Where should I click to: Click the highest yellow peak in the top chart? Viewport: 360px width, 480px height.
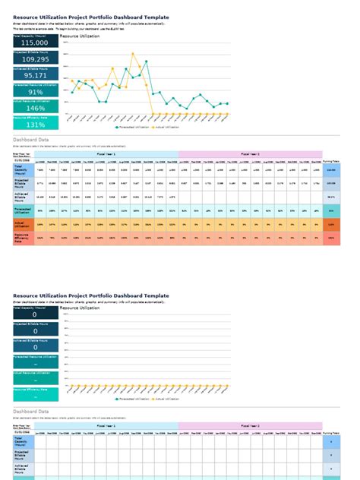click(134, 54)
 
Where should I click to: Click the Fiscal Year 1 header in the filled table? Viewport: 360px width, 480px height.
click(106, 153)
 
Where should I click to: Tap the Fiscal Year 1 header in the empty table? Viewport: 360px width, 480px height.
click(106, 427)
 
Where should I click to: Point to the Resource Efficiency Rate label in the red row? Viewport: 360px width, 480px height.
click(23, 238)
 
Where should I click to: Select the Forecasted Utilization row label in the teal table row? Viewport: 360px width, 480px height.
click(23, 210)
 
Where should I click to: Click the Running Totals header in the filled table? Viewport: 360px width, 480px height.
click(331, 161)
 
